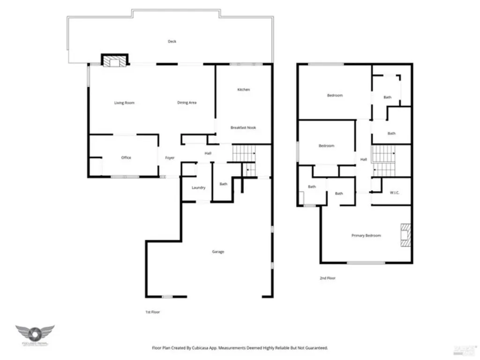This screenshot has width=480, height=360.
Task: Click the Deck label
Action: [x=172, y=42]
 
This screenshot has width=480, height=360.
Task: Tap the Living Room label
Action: [x=124, y=103]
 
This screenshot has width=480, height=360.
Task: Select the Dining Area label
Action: [x=187, y=103]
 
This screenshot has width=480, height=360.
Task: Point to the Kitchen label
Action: [x=243, y=90]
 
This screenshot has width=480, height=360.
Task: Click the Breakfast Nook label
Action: [x=243, y=127]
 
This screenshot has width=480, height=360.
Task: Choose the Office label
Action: [x=126, y=158]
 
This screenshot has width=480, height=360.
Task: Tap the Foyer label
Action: [x=170, y=158]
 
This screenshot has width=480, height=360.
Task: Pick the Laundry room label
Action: [x=198, y=187]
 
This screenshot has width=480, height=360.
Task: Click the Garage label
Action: [x=218, y=252]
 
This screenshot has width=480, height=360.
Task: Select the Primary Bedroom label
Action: [x=366, y=235]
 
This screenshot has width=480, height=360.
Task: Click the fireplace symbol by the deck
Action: [x=114, y=61]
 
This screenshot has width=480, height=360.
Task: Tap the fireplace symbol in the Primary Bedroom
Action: [x=405, y=235]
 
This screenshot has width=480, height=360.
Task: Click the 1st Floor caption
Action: [x=153, y=312]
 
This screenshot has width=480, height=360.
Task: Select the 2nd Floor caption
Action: [x=328, y=278]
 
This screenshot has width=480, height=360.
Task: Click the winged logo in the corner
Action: [x=35, y=334]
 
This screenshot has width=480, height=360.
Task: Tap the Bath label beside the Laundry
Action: [x=224, y=184]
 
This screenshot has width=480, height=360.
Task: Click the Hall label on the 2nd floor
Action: [x=363, y=160]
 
